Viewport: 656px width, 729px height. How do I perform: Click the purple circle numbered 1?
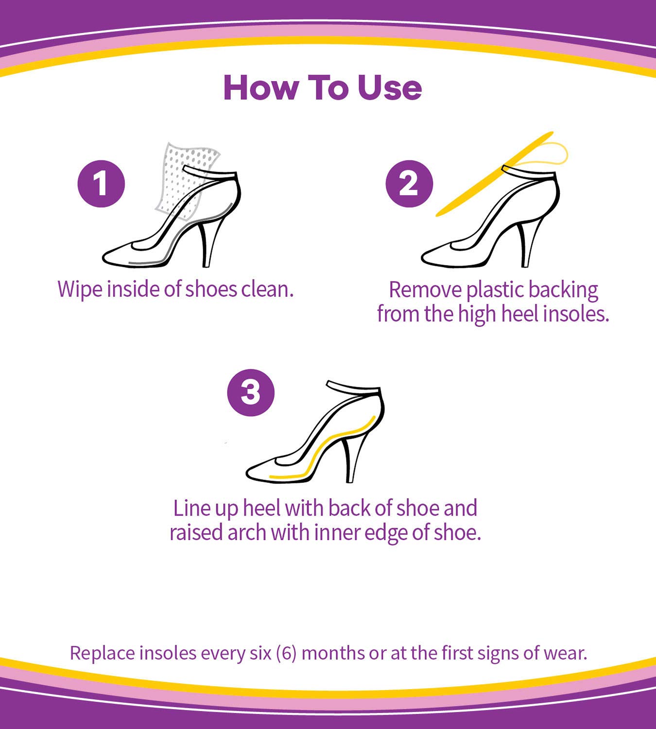pos(101,184)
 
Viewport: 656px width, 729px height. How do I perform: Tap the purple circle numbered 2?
pos(409,184)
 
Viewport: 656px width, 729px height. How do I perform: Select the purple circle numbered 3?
pos(251,393)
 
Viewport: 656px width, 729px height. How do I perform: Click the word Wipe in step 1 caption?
pos(80,290)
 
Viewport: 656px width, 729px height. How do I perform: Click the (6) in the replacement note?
pos(286,653)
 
